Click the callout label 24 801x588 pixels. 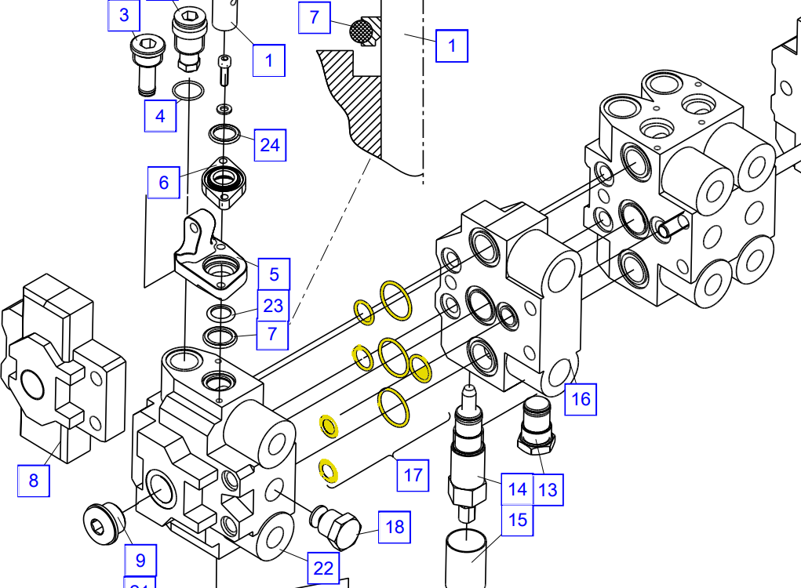(x=269, y=145)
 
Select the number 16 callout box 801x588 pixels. (x=580, y=398)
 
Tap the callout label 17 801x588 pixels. (x=413, y=474)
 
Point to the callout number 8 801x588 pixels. (x=34, y=480)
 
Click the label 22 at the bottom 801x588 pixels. (x=323, y=568)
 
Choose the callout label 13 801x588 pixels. (x=548, y=490)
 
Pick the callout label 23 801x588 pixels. (x=272, y=306)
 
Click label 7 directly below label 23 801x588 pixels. (x=272, y=333)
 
